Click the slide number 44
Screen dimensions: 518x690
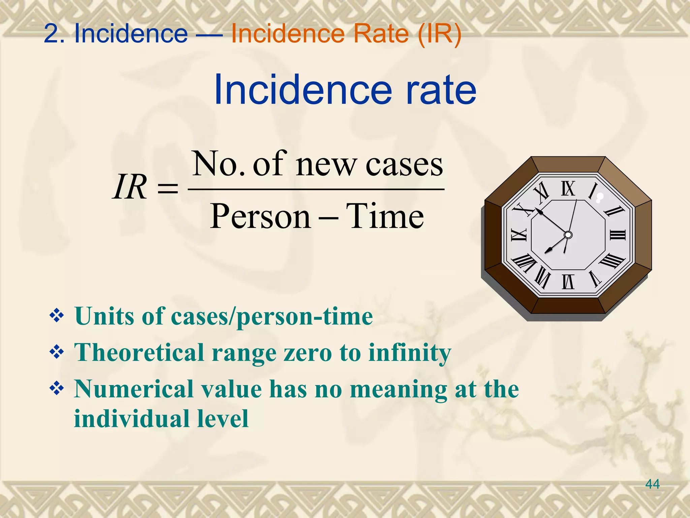[x=652, y=484]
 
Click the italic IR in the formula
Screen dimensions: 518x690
[x=130, y=187]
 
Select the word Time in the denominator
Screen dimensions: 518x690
[x=385, y=216]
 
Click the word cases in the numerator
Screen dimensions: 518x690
[x=404, y=165]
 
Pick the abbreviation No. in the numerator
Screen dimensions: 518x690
[x=219, y=164]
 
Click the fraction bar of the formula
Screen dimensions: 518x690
[x=316, y=190]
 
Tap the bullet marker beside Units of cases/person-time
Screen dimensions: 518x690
[x=57, y=316]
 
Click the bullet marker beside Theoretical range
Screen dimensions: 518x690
[x=57, y=352]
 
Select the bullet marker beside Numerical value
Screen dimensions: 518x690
[x=57, y=389]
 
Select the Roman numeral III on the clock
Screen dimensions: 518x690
[x=618, y=235]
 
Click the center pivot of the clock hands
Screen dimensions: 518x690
[x=568, y=235]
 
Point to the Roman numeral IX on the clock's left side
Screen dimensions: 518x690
[x=519, y=235]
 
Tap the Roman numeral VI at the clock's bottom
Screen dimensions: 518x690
[x=568, y=282]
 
